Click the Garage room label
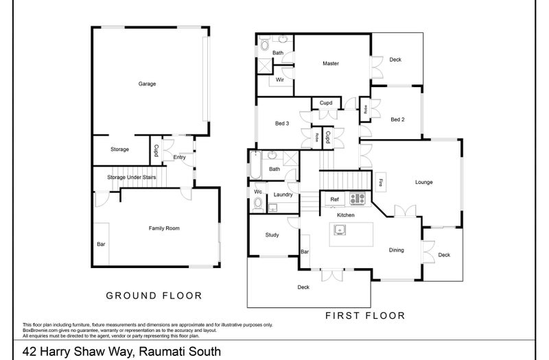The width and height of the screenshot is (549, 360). click(147, 84)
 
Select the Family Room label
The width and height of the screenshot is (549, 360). click(165, 228)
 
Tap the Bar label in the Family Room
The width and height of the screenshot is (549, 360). click(101, 244)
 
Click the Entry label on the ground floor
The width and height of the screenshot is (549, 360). click(180, 157)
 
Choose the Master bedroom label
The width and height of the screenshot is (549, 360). click(331, 64)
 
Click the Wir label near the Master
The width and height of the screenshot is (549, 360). click(280, 80)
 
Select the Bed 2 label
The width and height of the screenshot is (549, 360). click(397, 119)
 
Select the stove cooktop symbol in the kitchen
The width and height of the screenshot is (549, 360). click(358, 200)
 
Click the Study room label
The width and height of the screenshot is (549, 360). click(272, 235)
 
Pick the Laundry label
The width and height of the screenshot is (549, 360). click(283, 195)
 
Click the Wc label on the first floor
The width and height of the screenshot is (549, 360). click(257, 191)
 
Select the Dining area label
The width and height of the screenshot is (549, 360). click(397, 250)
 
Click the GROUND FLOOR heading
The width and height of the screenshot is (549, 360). click(153, 296)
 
